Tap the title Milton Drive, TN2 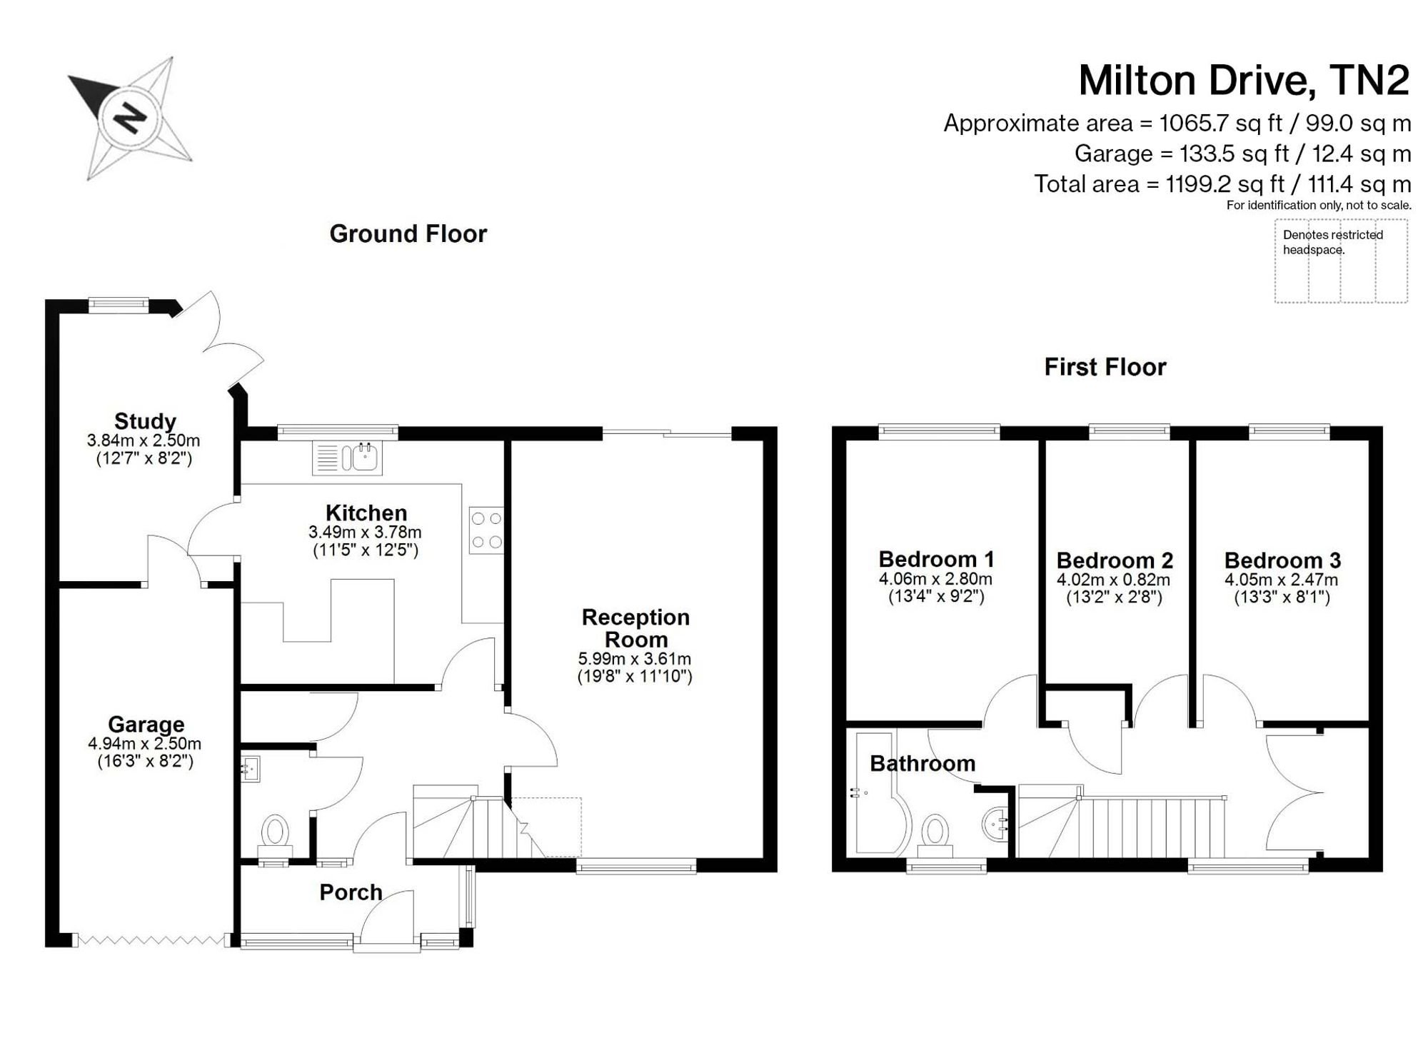click(1244, 80)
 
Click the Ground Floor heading click(408, 233)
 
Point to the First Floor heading click(1105, 366)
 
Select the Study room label click(145, 420)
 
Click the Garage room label click(146, 724)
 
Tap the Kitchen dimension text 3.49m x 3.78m click(365, 532)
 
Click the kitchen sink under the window click(347, 458)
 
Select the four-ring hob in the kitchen click(486, 530)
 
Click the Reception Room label click(635, 628)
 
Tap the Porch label click(351, 892)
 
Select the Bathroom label click(922, 763)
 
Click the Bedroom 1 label click(936, 558)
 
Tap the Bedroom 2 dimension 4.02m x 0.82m click(1114, 580)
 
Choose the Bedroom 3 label click(1282, 560)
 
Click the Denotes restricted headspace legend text click(1332, 242)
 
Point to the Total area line click(1222, 183)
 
